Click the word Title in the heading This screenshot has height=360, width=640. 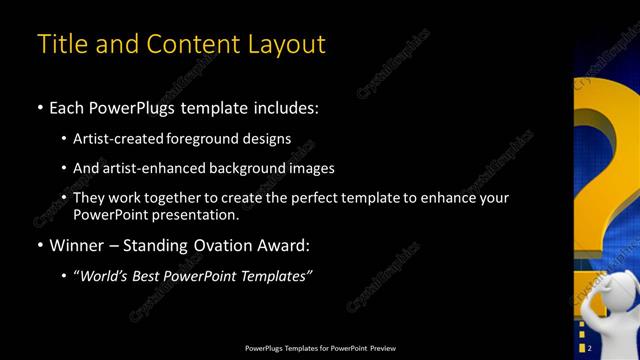(x=60, y=45)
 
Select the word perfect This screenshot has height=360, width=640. (x=330, y=198)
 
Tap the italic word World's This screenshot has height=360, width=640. (x=107, y=276)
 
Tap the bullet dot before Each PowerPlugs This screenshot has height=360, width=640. (x=40, y=107)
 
